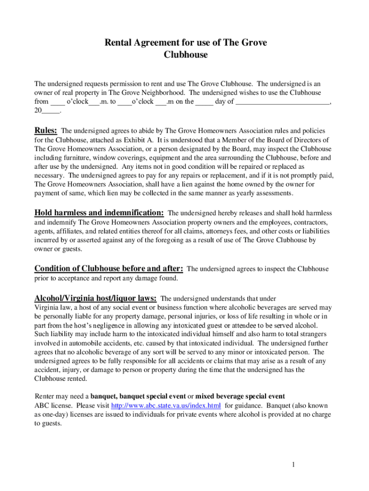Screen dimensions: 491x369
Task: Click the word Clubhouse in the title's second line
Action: tap(186, 55)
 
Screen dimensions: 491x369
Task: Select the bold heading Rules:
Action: tap(46, 130)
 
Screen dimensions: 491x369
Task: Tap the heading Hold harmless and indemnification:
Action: tap(100, 212)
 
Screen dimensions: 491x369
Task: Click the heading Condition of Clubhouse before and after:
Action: tap(109, 269)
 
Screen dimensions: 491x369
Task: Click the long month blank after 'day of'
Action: tap(283, 102)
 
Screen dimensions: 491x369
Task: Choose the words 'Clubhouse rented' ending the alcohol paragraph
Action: tap(60, 378)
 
